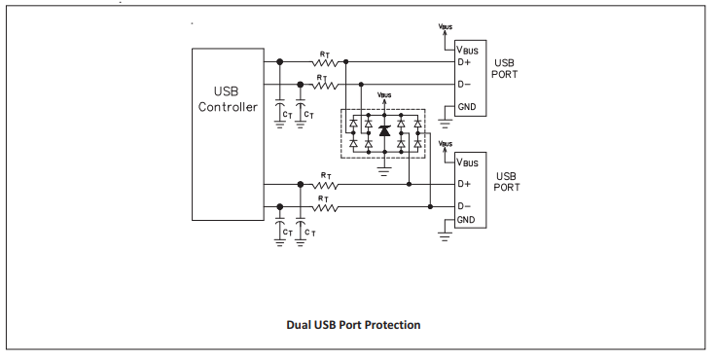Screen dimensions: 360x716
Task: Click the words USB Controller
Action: coord(228,98)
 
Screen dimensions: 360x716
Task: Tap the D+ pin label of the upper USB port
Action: coord(464,63)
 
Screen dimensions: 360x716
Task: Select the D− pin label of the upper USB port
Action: coord(464,85)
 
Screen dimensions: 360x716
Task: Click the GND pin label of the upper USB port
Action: coord(467,106)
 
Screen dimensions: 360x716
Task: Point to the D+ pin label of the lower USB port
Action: coord(464,184)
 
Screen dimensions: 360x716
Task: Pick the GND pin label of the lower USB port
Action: coord(467,220)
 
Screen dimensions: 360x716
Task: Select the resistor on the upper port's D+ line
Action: coord(327,62)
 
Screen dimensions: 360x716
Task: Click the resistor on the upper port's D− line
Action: coord(327,85)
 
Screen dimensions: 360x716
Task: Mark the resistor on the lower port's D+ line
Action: coord(327,184)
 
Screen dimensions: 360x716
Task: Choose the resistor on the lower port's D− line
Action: coord(327,206)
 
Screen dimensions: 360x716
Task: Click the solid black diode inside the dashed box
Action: coord(384,131)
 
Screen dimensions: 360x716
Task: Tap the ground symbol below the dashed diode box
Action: coord(384,169)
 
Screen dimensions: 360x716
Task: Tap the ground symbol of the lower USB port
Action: coord(445,234)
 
